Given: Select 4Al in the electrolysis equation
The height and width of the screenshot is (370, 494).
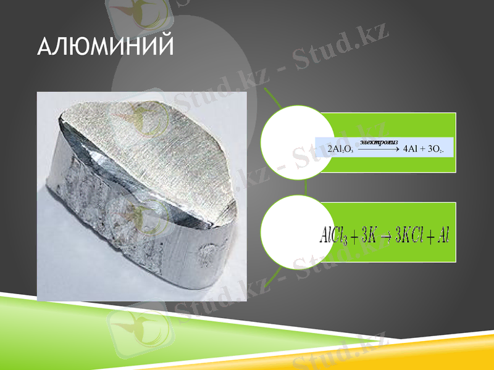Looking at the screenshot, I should (410, 149).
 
